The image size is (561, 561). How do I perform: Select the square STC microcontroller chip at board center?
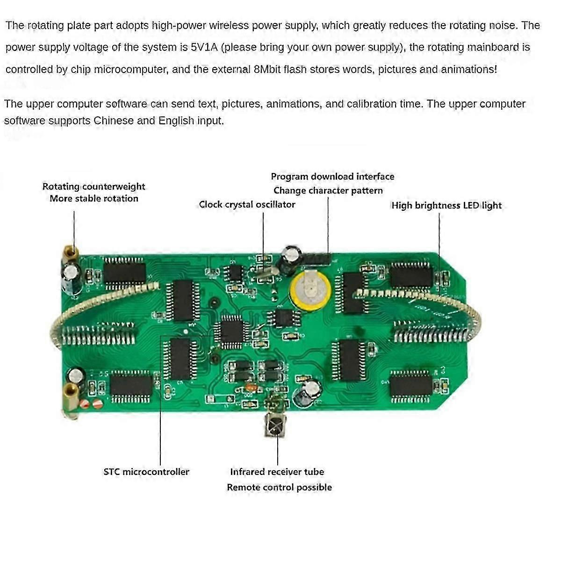[231, 331]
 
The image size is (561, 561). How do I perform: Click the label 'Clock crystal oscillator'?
[247, 204]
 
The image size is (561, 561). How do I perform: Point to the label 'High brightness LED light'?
[446, 205]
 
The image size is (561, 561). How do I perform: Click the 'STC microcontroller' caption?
[146, 472]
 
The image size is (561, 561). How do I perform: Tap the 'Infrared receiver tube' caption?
[277, 472]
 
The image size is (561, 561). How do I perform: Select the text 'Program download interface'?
[332, 176]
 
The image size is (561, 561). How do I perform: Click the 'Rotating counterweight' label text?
[93, 186]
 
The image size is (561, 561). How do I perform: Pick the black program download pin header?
[318, 259]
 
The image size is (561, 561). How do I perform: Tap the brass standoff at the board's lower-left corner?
[71, 394]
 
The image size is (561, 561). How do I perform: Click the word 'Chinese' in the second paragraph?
[114, 121]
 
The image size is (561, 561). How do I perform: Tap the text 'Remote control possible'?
[279, 487]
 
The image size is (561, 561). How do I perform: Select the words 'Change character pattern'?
[328, 190]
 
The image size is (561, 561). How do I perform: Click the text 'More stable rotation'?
[94, 198]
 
